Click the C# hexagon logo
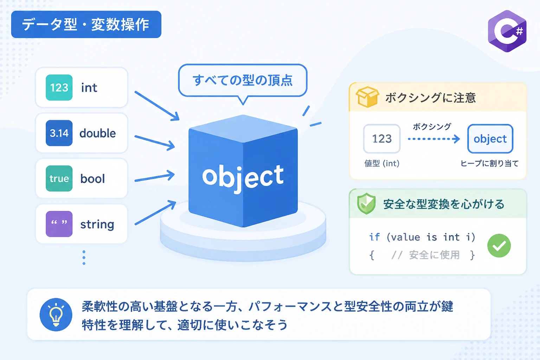[507, 31]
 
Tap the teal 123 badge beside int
[59, 88]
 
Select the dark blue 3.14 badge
[59, 133]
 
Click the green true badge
[59, 179]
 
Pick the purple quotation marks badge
[59, 224]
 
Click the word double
[98, 133]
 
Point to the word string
[97, 225]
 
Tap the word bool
[92, 179]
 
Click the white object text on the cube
[243, 178]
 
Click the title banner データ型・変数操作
[86, 24]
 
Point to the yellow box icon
[367, 97]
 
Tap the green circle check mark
[499, 245]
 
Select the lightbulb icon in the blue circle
[56, 315]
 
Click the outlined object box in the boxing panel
[490, 139]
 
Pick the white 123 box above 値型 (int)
[381, 139]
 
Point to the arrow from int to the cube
[157, 106]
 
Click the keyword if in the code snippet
[374, 237]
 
